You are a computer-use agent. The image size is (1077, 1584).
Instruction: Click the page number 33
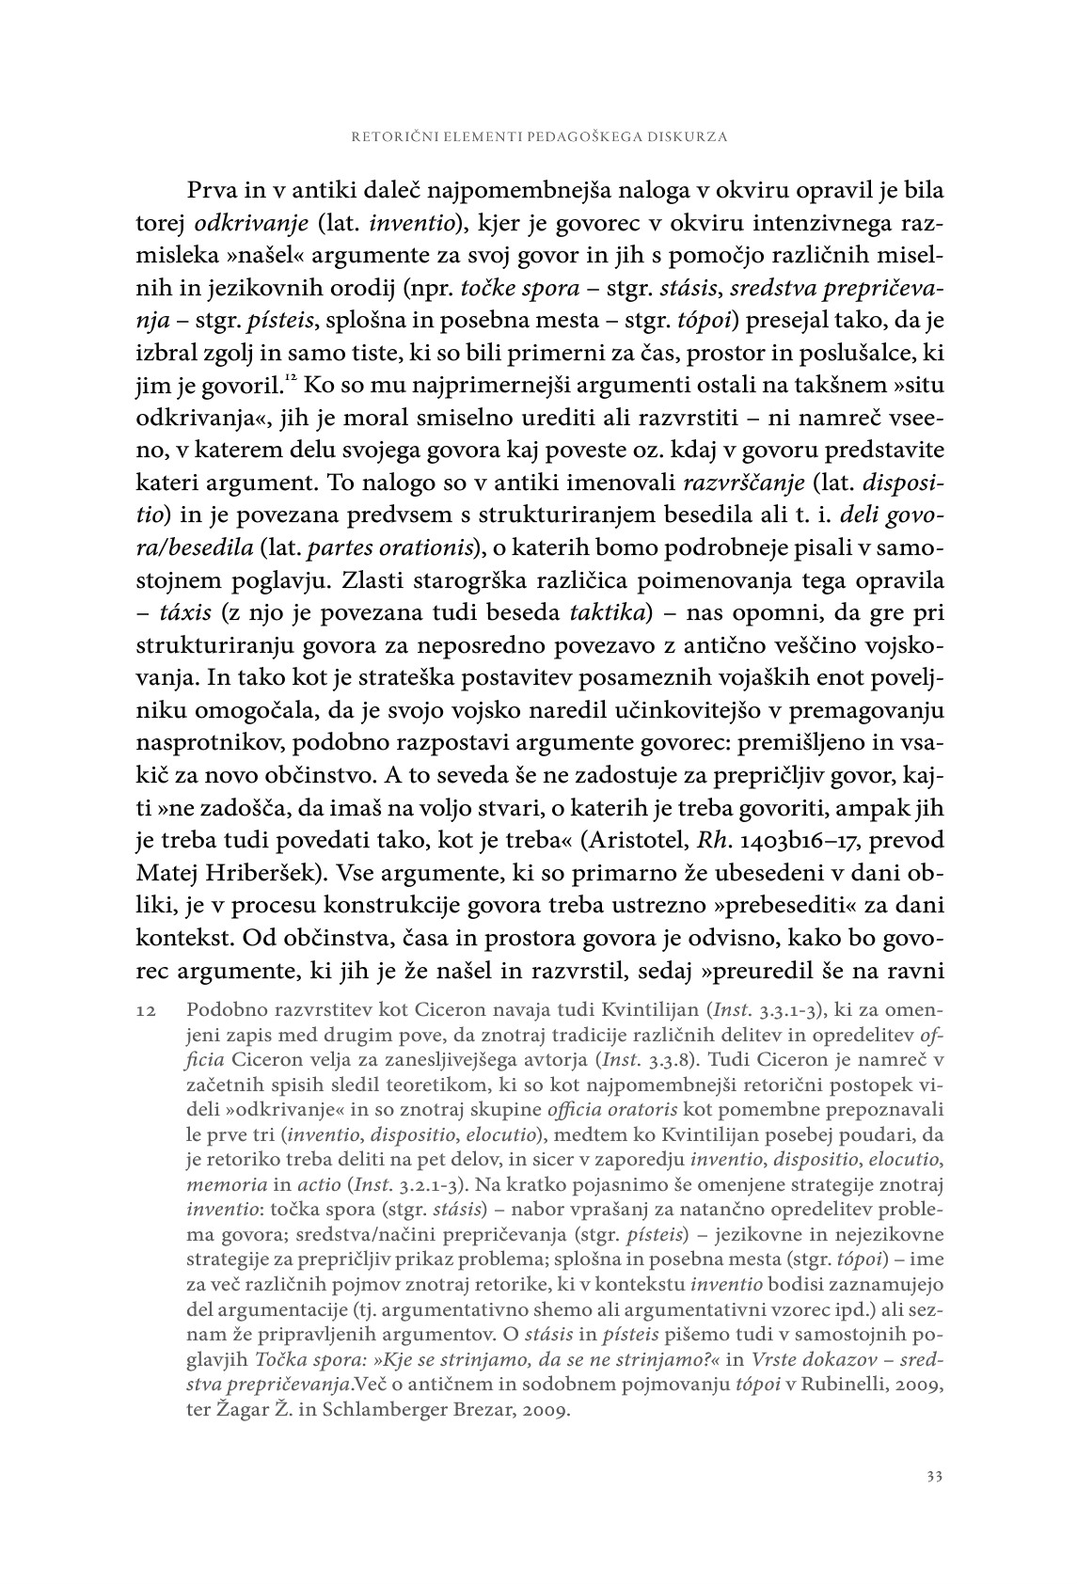[934, 1476]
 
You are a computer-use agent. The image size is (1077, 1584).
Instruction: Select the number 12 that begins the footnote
[145, 1010]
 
